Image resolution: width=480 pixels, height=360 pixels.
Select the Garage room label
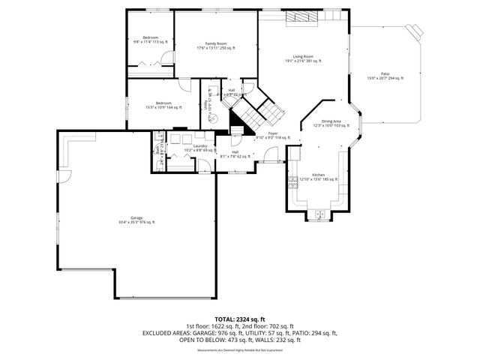136,218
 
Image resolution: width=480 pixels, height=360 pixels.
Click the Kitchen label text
319,176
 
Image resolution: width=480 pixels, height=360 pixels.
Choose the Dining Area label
331,122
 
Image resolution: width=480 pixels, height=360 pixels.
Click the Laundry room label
199,147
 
